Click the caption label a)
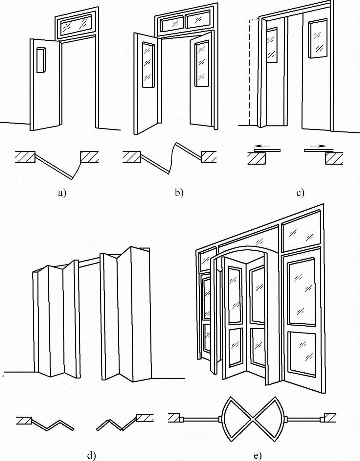click(x=62, y=193)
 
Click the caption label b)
click(x=179, y=193)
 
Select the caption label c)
click(x=300, y=193)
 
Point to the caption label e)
click(x=258, y=455)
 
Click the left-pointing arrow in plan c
click(x=262, y=145)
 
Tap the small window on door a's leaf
click(x=40, y=60)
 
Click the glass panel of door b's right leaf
click(x=201, y=64)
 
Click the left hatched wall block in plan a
click(x=25, y=157)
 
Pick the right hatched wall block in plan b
click(x=209, y=157)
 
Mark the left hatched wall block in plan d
click(x=24, y=420)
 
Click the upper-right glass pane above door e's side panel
click(x=301, y=234)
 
